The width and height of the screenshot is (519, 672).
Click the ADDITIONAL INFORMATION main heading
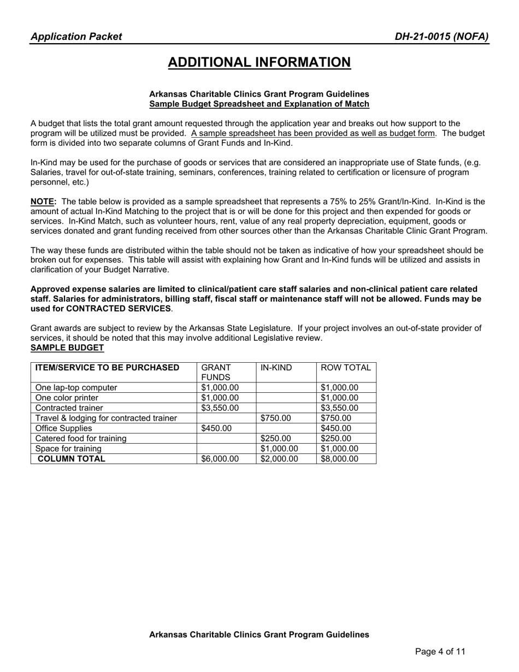[x=259, y=62]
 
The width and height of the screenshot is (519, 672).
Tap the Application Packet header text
[x=76, y=37]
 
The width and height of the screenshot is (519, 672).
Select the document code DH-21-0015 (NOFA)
[x=442, y=37]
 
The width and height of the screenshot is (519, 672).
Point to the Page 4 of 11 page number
[x=440, y=651]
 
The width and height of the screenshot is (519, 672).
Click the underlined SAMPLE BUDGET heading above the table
[x=67, y=347]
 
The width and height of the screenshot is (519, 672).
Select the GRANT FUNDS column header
[x=216, y=373]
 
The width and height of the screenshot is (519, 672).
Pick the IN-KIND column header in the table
[x=276, y=368]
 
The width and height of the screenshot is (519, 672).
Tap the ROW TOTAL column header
[x=346, y=368]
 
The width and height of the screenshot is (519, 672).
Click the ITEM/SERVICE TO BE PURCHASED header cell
[x=107, y=368]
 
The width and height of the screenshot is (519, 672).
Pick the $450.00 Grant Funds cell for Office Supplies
[x=216, y=428]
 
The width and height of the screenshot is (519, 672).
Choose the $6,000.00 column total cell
[x=220, y=459]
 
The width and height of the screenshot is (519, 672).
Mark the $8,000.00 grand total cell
[x=339, y=459]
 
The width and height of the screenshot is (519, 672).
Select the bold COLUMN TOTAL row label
[x=70, y=459]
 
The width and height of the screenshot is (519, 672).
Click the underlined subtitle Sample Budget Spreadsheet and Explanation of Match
[x=259, y=104]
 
